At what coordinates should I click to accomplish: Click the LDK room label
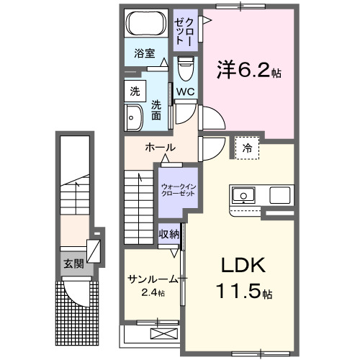pos(241,266)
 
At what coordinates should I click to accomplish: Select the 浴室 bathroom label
pos(145,53)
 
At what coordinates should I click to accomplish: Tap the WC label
pos(184,91)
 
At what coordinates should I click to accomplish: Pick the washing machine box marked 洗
pos(134,91)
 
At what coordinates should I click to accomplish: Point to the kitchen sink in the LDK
pos(243,194)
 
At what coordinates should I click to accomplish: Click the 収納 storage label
pos(170,235)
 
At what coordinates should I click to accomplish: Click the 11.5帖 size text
pos(241,294)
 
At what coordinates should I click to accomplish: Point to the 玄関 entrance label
pos(73,264)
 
